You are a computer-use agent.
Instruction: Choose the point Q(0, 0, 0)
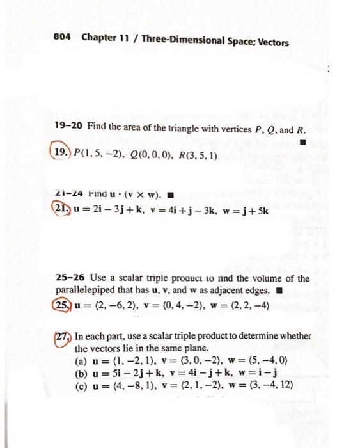pyautogui.click(x=145, y=154)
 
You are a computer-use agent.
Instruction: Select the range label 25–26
pyautogui.click(x=66, y=279)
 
